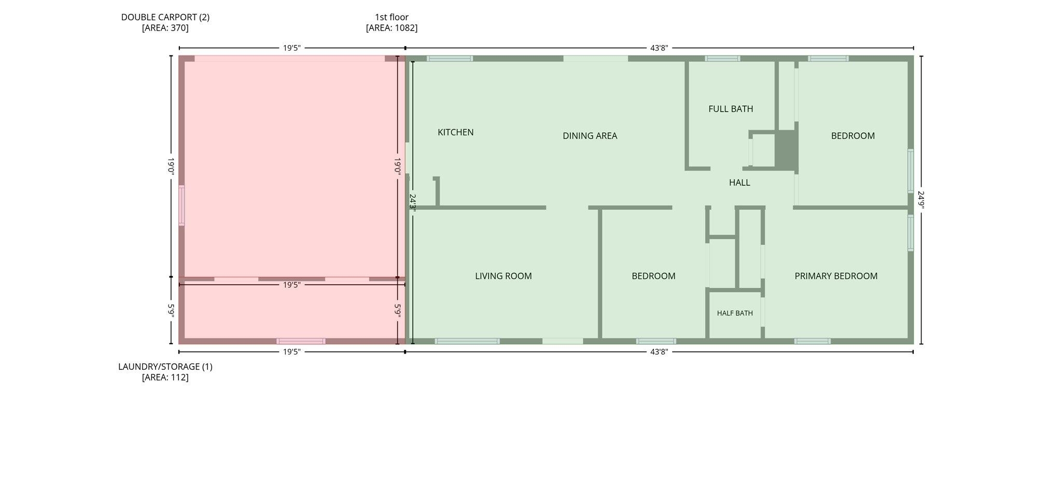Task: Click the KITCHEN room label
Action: click(x=455, y=132)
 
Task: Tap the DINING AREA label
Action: click(x=590, y=136)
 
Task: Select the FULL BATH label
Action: click(x=731, y=109)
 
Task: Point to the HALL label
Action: click(x=739, y=183)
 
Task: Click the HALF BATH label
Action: click(x=735, y=313)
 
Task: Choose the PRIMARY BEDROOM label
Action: click(x=836, y=276)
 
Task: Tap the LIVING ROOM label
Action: click(x=503, y=276)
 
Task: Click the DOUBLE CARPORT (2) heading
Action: click(x=165, y=17)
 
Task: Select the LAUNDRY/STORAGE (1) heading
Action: click(x=165, y=367)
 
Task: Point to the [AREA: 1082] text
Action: click(x=392, y=28)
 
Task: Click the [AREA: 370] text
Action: click(x=165, y=28)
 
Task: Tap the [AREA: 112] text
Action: click(x=165, y=378)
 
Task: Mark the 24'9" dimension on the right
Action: click(x=921, y=200)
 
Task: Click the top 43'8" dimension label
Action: click(x=659, y=48)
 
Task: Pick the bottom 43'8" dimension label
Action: click(x=659, y=352)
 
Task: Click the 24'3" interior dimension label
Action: click(x=413, y=201)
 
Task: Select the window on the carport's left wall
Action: click(x=181, y=205)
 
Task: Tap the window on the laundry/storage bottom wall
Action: click(x=301, y=341)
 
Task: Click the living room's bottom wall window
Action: click(x=467, y=341)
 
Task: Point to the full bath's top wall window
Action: click(x=722, y=59)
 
